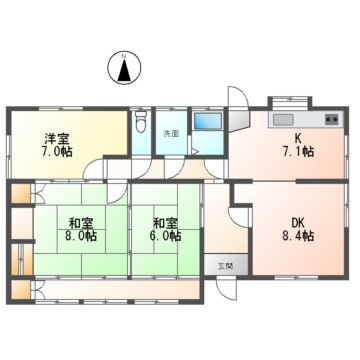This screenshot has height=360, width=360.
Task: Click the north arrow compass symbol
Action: (123, 69)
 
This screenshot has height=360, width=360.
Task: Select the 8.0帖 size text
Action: (83, 237)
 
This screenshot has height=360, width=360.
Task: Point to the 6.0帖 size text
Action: (166, 237)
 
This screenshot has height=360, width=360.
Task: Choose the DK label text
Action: (297, 221)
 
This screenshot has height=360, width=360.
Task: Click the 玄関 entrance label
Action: (227, 266)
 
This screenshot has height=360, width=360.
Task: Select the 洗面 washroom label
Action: (172, 133)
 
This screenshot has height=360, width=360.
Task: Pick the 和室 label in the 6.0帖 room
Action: (166, 221)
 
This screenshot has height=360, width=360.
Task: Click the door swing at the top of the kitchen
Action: (241, 100)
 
